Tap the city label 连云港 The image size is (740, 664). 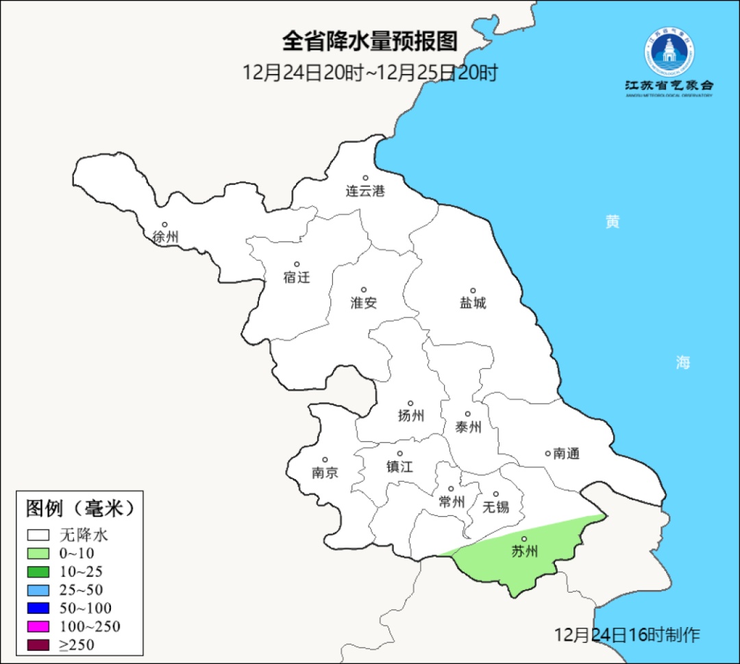pos(365,191)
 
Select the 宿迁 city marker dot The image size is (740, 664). pos(297,264)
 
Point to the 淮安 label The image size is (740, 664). pos(364,303)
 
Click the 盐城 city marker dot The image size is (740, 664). pos(473,291)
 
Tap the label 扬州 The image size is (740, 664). pos(411,415)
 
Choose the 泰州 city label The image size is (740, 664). pos(468,428)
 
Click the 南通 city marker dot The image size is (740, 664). pos(547,453)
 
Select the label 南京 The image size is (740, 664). pos(325,473)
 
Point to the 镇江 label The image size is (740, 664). pos(399,467)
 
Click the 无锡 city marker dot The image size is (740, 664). pos(496,494)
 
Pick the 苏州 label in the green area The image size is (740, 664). pos(525,552)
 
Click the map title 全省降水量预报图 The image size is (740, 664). pos(369,41)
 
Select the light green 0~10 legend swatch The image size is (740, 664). pos(38,553)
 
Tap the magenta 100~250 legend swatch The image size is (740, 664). pos(38,626)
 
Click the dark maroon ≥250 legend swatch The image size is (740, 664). pos(38,644)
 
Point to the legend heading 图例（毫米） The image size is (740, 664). pos(79,508)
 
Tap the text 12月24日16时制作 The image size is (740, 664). pos(627,635)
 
